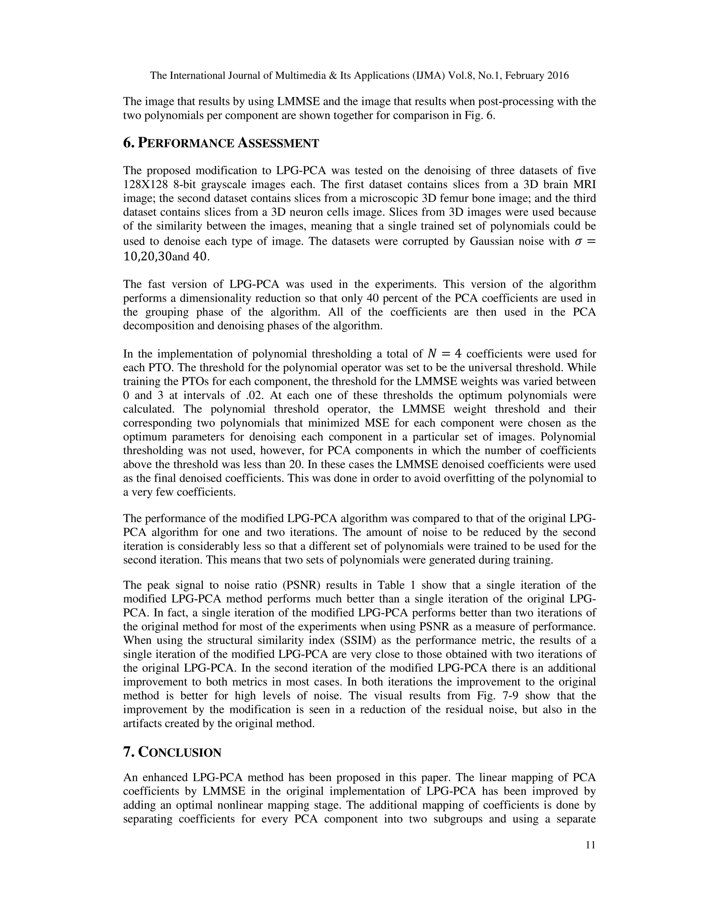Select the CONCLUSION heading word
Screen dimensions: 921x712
pos(180,753)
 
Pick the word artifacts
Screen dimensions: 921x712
pos(142,724)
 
